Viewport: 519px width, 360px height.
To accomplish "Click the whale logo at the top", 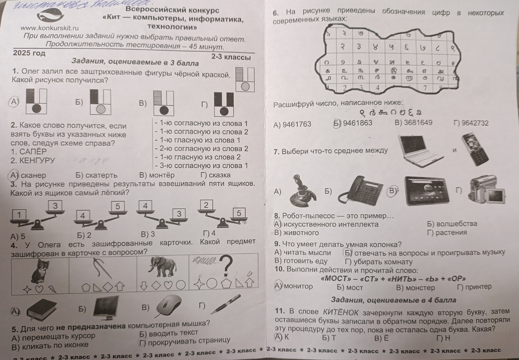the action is click(x=51, y=16).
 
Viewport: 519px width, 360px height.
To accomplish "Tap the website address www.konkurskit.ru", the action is click(x=50, y=28).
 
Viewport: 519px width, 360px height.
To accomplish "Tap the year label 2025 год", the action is click(x=29, y=53).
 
